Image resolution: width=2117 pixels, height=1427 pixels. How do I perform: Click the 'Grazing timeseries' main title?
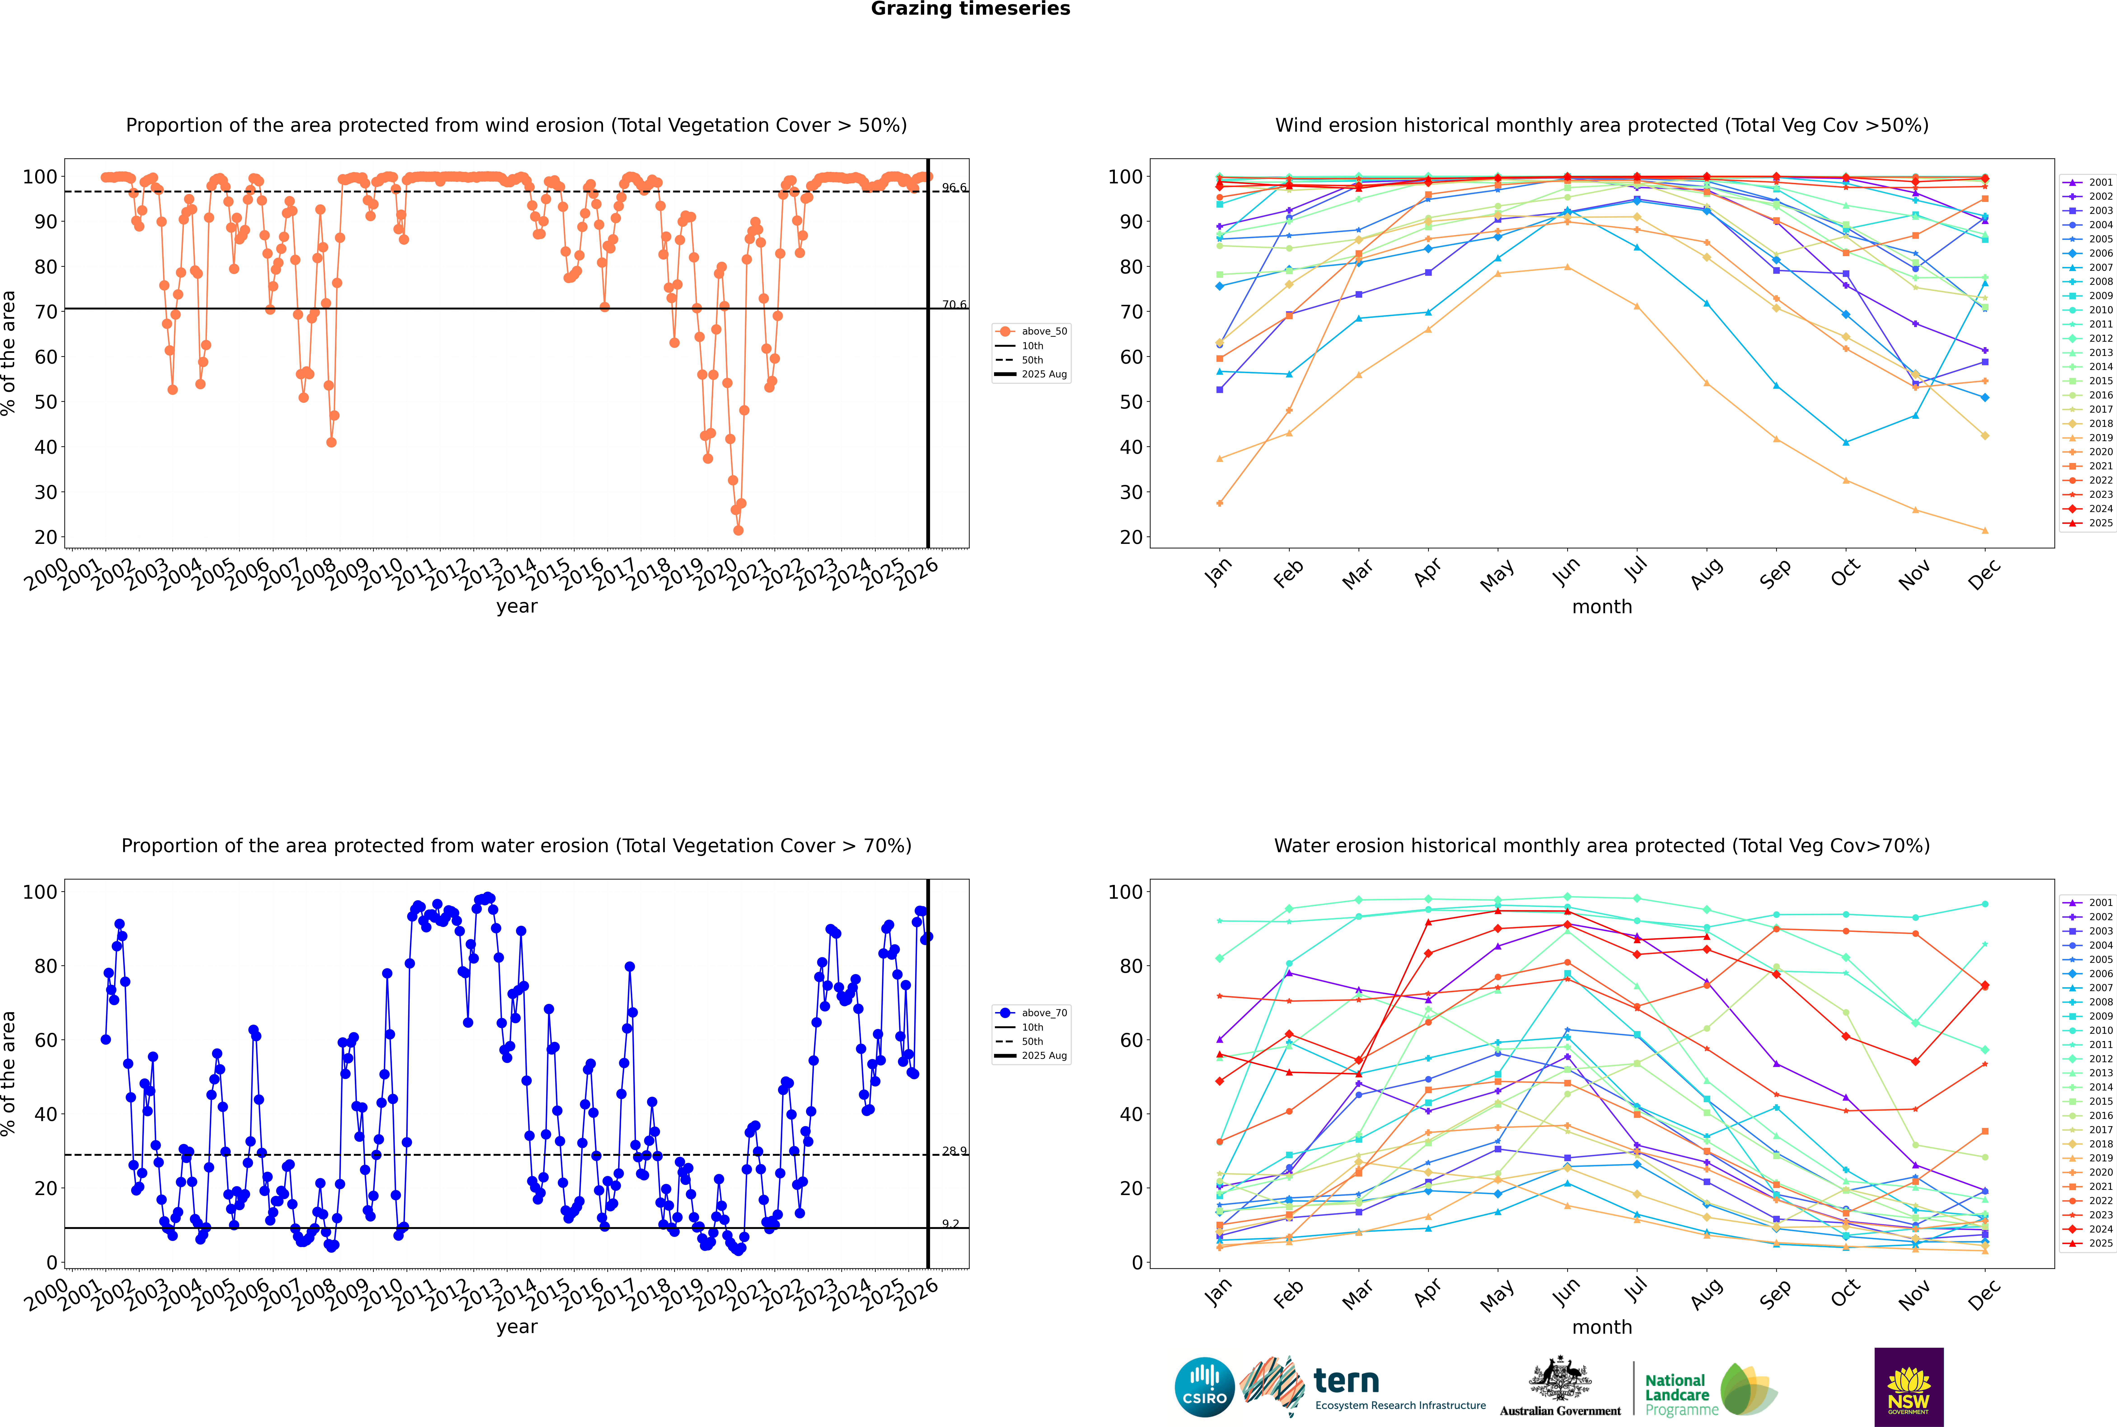970,9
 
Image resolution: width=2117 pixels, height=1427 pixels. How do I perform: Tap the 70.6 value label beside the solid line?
954,305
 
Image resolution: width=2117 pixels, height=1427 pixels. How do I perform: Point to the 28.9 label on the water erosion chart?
954,1151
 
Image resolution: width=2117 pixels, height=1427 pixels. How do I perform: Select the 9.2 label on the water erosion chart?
950,1224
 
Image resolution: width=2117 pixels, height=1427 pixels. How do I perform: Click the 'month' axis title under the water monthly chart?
1602,1327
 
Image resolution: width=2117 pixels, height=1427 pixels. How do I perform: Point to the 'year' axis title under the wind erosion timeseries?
517,606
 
